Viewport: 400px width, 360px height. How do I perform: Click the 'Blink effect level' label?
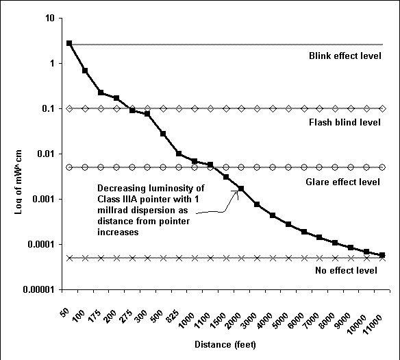pyautogui.click(x=345, y=56)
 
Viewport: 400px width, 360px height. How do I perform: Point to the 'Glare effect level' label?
pyautogui.click(x=345, y=182)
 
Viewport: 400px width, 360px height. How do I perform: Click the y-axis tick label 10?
pyautogui.click(x=49, y=18)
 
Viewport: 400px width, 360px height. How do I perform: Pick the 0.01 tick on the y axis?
pyautogui.click(x=45, y=154)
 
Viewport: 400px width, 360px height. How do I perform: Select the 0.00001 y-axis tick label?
pyautogui.click(x=37, y=289)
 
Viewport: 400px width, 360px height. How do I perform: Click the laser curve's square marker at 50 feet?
pyautogui.click(x=69, y=43)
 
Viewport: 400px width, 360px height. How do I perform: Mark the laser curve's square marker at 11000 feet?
pyautogui.click(x=382, y=255)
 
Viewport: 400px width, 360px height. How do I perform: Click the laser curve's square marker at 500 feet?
pyautogui.click(x=163, y=133)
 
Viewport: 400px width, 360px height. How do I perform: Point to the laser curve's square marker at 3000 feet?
pyautogui.click(x=257, y=204)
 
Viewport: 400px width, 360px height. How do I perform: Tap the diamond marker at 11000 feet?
pyautogui.click(x=382, y=108)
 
